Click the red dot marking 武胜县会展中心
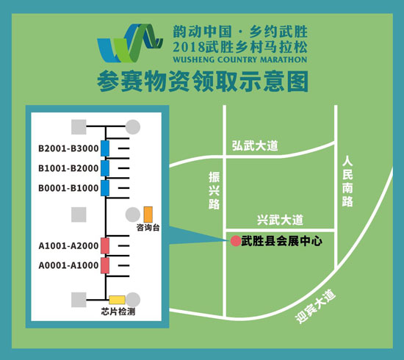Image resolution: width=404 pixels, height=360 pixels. pyautogui.click(x=236, y=241)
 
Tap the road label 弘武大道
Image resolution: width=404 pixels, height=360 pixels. pyautogui.click(x=255, y=146)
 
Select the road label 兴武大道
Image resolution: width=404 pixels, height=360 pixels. pyautogui.click(x=280, y=220)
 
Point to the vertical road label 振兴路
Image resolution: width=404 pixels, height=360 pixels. pyautogui.click(x=214, y=191)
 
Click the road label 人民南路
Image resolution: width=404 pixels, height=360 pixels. pyautogui.click(x=347, y=182)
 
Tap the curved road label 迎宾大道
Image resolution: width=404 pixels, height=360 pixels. pyautogui.click(x=315, y=306)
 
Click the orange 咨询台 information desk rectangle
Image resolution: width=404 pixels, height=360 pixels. pyautogui.click(x=148, y=215)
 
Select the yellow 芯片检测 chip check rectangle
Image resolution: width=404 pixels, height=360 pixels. pyautogui.click(x=117, y=300)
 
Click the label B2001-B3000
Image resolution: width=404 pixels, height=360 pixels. pyautogui.click(x=68, y=148)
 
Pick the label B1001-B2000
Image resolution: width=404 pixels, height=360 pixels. pyautogui.click(x=68, y=168)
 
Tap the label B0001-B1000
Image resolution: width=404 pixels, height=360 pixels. pyautogui.click(x=68, y=188)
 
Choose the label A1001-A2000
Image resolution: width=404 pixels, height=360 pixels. pyautogui.click(x=68, y=246)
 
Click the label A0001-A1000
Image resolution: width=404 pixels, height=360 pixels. pyautogui.click(x=68, y=265)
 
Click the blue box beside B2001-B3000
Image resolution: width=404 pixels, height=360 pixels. pyautogui.click(x=105, y=148)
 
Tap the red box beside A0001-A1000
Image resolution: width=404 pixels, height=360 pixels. pyautogui.click(x=105, y=265)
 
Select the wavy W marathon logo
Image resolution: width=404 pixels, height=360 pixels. pyautogui.click(x=130, y=43)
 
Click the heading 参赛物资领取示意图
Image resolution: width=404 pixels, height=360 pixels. pyautogui.click(x=203, y=82)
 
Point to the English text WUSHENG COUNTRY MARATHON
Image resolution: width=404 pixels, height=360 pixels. pyautogui.click(x=240, y=60)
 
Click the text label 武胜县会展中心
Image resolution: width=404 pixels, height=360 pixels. pyautogui.click(x=281, y=242)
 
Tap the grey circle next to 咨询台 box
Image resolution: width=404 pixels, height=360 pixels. pyautogui.click(x=133, y=215)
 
